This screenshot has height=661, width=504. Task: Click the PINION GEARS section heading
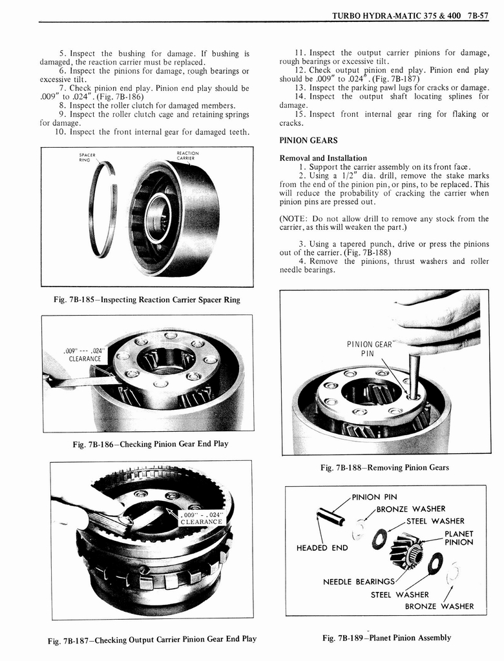pos(308,140)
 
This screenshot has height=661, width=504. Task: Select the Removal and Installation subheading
pos(322,158)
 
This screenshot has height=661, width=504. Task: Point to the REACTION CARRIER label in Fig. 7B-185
pos(187,156)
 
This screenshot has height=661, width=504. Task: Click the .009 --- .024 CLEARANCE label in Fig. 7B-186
pos(85,354)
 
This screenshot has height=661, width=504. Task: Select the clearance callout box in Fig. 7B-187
pos(201,518)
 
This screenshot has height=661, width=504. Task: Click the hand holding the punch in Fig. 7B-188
pos(439,321)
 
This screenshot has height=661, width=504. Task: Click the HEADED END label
pos(322,548)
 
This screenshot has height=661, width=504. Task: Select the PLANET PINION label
pos(459,538)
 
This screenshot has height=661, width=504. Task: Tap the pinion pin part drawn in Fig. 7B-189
pos(330,516)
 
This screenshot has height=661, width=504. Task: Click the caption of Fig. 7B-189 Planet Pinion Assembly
pos(386,638)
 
